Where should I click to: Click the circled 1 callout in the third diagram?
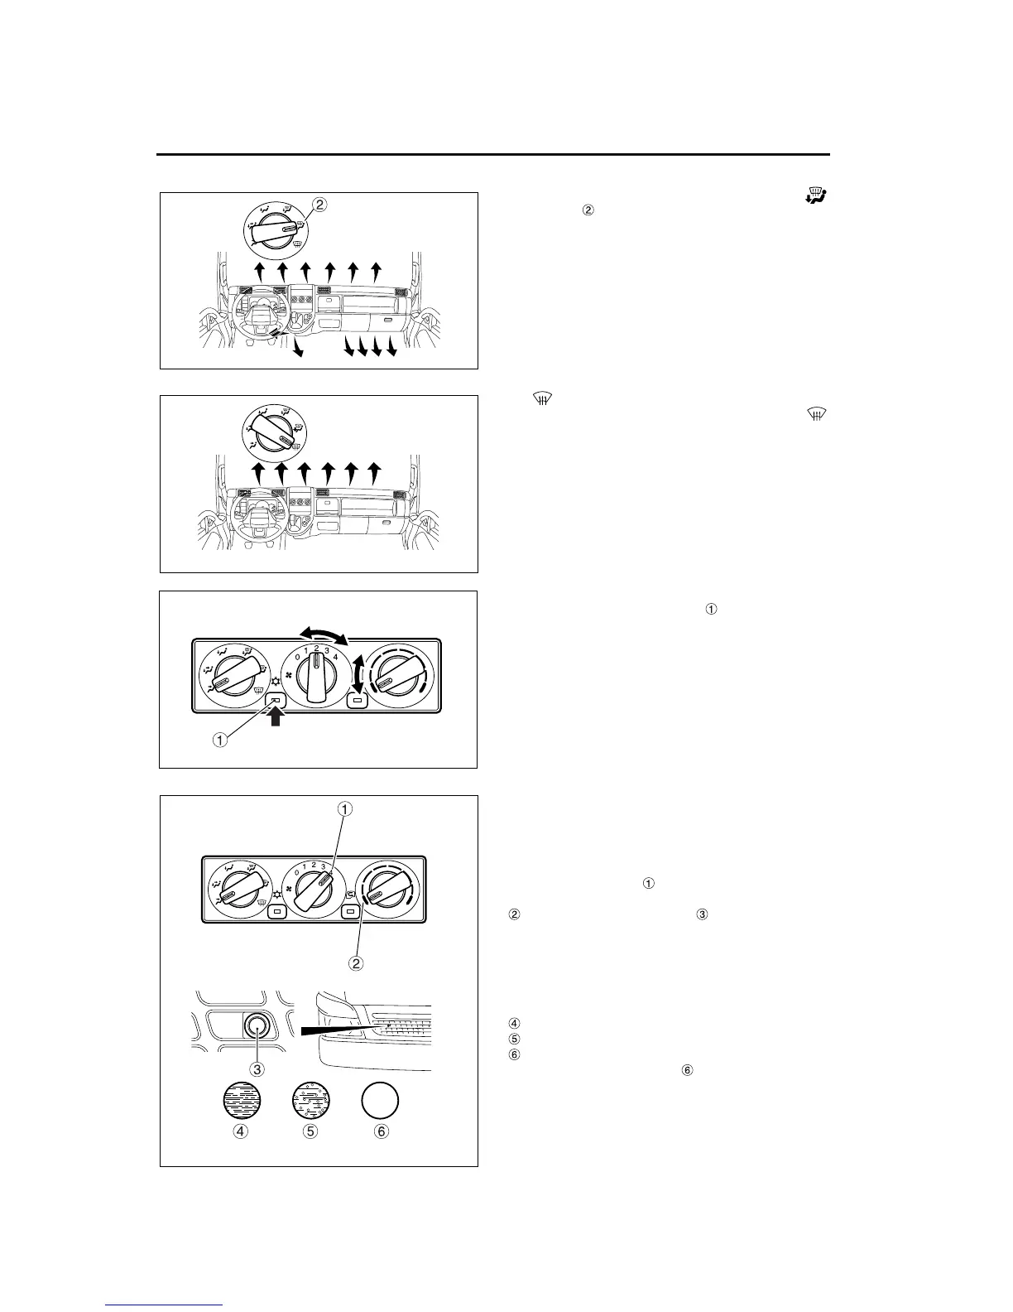pos(219,740)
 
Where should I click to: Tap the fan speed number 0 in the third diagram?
pos(297,657)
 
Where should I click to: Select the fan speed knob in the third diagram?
pos(316,679)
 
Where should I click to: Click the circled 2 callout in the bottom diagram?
pos(357,963)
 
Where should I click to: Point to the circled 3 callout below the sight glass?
pos(257,1069)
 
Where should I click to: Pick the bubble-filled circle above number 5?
pos(310,1102)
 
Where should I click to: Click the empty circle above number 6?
pos(381,1102)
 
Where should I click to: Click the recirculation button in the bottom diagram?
pos(350,912)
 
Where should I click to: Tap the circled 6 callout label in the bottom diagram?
pos(382,1131)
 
